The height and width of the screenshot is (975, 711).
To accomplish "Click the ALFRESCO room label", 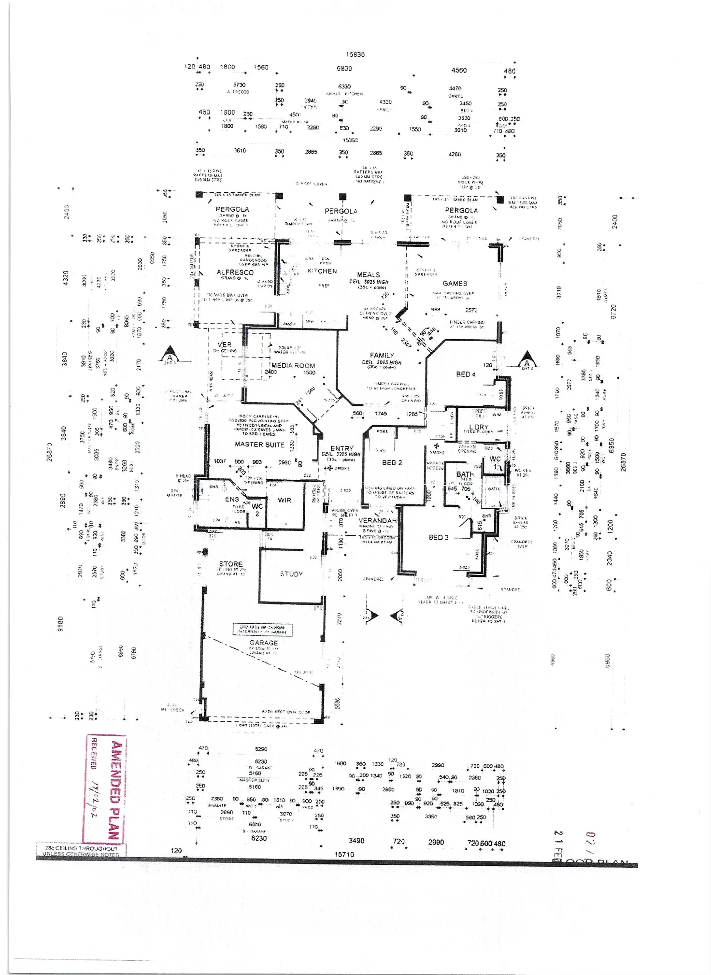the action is click(x=235, y=272).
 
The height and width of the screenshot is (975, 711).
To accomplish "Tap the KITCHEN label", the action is click(x=322, y=271).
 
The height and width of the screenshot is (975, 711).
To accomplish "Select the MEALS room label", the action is click(x=369, y=274).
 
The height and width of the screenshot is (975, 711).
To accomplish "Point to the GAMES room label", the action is click(x=455, y=283).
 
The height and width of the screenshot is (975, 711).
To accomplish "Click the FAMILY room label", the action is click(x=382, y=355).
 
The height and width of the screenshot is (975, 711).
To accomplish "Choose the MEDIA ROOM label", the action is click(x=293, y=365).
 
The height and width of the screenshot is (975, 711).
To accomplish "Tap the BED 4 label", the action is click(x=466, y=374).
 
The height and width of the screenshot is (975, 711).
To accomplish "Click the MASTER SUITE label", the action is click(x=259, y=444).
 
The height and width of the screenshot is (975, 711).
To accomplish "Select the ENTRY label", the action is click(x=342, y=448).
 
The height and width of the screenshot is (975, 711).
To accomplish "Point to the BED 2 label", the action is click(x=392, y=462).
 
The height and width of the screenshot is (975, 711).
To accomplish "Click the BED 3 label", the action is click(x=439, y=537).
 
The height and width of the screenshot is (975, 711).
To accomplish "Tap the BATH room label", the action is click(x=465, y=474).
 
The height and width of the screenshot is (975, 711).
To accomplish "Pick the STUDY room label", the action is click(x=291, y=574).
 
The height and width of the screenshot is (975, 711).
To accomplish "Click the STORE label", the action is click(x=231, y=564).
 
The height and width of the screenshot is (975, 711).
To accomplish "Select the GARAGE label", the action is click(x=264, y=643).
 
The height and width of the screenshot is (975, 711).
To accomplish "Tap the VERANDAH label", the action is click(x=378, y=520).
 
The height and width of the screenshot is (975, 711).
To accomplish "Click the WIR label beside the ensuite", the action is click(x=284, y=500).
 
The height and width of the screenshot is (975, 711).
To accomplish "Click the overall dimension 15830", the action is click(x=355, y=55).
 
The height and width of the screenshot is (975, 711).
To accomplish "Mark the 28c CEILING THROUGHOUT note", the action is click(x=81, y=848).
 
